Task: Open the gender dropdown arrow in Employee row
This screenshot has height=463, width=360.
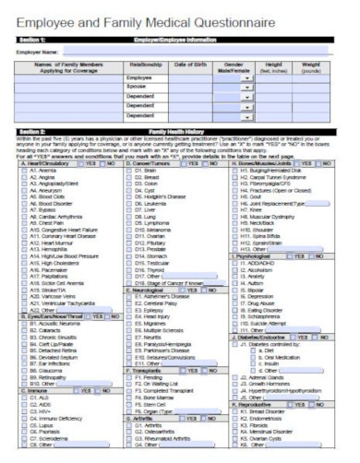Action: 247,80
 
